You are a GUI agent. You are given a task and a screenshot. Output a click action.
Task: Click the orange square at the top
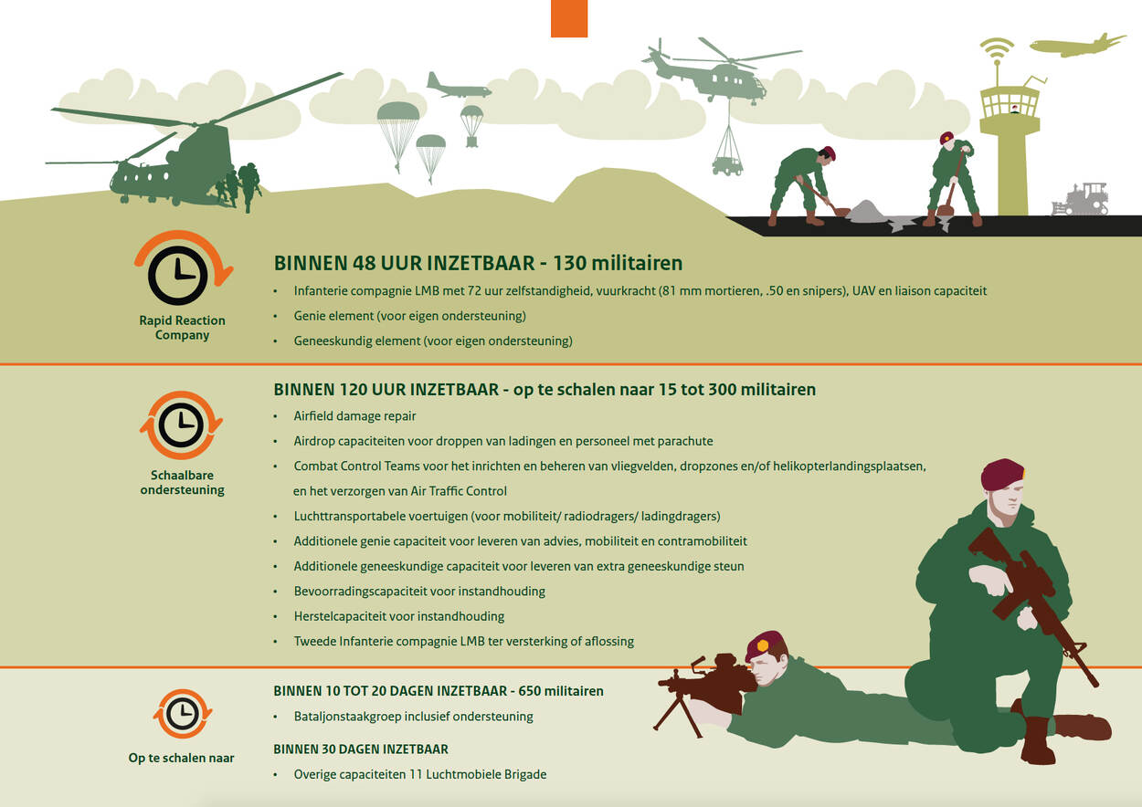click(569, 18)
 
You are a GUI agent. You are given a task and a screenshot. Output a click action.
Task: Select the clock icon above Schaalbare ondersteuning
click(181, 424)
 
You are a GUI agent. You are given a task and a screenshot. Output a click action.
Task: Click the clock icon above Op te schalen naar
click(183, 713)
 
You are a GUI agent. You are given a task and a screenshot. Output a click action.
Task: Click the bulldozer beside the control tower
click(1080, 199)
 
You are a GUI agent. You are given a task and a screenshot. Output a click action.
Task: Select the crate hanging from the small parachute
click(471, 141)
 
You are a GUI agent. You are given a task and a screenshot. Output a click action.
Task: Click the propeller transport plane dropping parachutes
click(459, 87)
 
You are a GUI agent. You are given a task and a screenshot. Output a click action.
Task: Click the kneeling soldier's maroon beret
click(1002, 473)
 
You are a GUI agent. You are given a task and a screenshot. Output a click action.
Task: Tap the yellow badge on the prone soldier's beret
click(763, 645)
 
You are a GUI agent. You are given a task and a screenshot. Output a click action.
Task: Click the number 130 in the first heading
click(569, 263)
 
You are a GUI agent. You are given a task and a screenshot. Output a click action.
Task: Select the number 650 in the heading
click(529, 691)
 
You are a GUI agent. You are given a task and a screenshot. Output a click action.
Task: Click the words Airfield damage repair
click(354, 415)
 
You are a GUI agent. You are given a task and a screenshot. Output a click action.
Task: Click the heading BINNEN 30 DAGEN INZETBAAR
click(361, 749)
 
